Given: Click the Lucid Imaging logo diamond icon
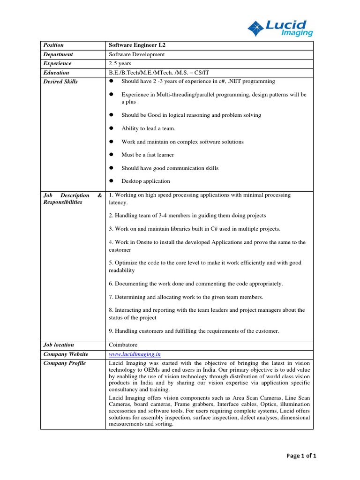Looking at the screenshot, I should point(256,28).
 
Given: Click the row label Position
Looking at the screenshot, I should point(53,45).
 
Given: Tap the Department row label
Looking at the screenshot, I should point(58,54).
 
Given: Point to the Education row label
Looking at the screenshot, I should point(56,73).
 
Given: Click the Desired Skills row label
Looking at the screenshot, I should point(60,82).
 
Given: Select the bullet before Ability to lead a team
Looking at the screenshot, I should point(112,128).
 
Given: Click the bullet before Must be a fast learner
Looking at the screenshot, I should point(112,155).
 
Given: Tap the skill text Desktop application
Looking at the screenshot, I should point(145,181).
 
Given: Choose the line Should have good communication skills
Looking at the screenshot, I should point(170,168).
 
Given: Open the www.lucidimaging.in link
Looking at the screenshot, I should point(135,354).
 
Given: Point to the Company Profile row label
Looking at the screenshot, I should point(64,363).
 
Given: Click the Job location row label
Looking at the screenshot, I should point(58,345).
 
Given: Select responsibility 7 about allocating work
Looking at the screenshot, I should point(186,297).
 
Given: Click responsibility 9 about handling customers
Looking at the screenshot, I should point(194,330).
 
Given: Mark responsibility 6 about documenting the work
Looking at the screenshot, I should point(195,284).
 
